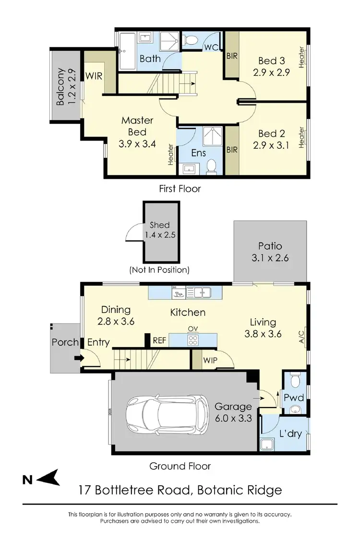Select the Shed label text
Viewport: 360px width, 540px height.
coord(159,225)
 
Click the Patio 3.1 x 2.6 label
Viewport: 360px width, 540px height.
coord(270,252)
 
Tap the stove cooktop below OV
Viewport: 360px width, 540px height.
coord(193,340)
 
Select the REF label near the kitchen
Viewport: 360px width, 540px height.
coord(159,340)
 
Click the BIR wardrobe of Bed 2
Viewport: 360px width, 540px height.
coord(232,150)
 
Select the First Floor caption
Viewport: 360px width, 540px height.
coord(180,189)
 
